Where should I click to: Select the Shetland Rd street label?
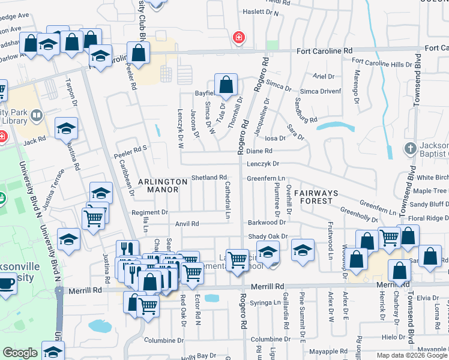[209, 178]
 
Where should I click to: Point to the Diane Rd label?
[259, 151]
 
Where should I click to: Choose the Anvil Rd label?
[187, 224]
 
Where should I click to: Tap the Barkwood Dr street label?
[267, 223]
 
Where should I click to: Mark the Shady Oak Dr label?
[268, 237]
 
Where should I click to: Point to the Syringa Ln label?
[265, 302]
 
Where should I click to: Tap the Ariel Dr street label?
[324, 76]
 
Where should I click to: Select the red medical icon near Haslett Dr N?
[239, 38]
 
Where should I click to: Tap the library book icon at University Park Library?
[37, 115]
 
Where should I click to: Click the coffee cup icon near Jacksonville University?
[7, 282]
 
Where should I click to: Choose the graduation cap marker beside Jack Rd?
[67, 128]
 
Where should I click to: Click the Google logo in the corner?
[20, 353]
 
